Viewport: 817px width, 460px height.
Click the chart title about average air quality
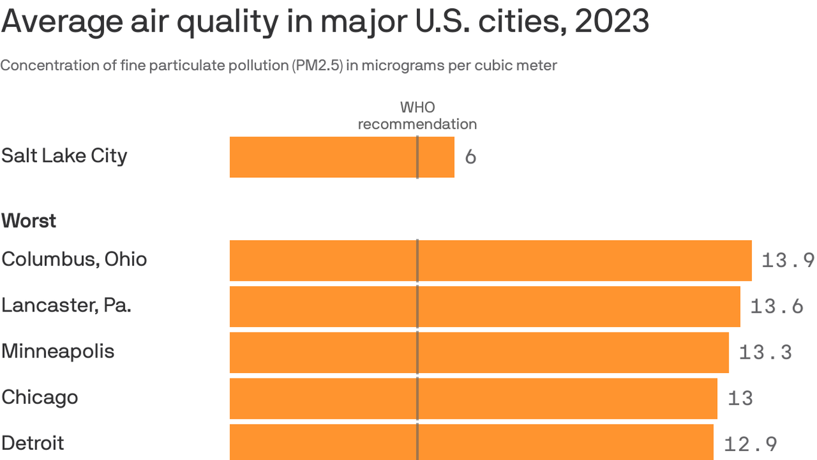(x=325, y=21)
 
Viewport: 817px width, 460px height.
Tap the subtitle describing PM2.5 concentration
(x=279, y=65)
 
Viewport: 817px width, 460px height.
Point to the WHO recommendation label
(x=417, y=116)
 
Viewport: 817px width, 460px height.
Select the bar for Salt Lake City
(x=342, y=157)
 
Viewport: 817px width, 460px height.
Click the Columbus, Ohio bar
(x=490, y=261)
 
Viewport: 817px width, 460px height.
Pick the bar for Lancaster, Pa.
(x=484, y=307)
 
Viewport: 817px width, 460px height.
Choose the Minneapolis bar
(x=478, y=353)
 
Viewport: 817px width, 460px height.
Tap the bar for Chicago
(x=472, y=398)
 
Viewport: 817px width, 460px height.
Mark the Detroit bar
(x=471, y=442)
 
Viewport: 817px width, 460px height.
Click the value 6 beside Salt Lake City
(x=471, y=157)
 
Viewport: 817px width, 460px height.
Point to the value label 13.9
(x=788, y=261)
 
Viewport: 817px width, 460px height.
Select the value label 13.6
(x=776, y=307)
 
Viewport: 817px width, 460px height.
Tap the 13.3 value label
(x=765, y=353)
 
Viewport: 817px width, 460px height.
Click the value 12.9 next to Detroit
(x=750, y=444)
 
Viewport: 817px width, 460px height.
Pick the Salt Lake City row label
(x=64, y=156)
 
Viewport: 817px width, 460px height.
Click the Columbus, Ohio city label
(x=74, y=259)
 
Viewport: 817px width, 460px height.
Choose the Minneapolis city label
(x=57, y=351)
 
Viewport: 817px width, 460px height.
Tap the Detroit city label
(x=33, y=443)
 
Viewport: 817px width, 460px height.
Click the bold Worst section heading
(x=29, y=221)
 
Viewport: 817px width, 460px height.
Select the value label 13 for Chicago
(x=740, y=398)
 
